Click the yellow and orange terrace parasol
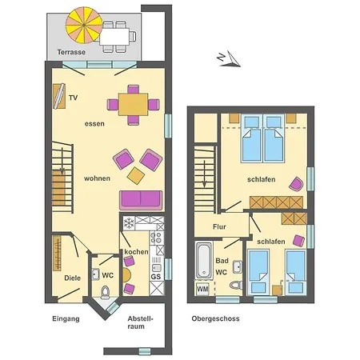[84, 25]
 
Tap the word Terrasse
[71, 52]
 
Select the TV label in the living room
[74, 98]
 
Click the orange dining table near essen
[133, 104]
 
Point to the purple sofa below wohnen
[141, 200]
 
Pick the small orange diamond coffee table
[136, 176]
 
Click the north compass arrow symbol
[229, 59]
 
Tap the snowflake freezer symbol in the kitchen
[129, 223]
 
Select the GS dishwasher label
[156, 277]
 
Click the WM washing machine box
[202, 289]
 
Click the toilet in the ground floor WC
[106, 292]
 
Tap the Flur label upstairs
[219, 227]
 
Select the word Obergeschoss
[215, 318]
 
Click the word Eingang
[66, 318]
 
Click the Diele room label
[72, 278]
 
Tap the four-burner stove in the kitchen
[157, 238]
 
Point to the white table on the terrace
[114, 37]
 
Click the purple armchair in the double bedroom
[297, 184]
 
